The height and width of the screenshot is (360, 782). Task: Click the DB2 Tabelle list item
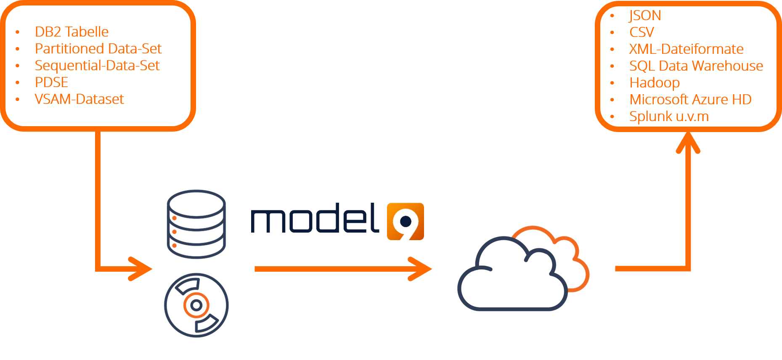72,32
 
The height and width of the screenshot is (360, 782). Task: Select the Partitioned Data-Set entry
98,49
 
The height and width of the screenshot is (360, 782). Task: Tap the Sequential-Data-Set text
97,66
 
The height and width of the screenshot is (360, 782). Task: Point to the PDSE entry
51,82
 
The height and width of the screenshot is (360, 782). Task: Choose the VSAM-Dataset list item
79,99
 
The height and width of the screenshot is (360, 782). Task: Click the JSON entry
645,16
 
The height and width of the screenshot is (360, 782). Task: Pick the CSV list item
642,32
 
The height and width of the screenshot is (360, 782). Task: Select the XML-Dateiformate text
686,49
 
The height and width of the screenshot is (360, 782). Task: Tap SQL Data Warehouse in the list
696,66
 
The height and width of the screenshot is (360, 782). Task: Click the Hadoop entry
655,83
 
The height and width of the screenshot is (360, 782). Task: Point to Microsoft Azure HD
690,100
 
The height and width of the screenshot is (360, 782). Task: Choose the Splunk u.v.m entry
669,116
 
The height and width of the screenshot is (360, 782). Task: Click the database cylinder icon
196,224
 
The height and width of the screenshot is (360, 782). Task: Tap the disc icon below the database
196,305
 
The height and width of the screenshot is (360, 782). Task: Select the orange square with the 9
406,222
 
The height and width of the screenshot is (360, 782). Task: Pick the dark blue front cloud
513,274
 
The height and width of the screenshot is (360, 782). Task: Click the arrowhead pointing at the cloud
421,269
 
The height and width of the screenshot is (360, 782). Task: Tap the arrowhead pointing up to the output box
688,142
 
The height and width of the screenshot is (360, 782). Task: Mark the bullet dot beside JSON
612,16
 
